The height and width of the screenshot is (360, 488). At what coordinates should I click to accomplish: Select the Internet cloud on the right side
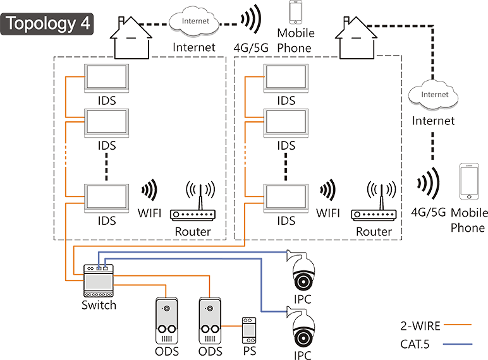434,96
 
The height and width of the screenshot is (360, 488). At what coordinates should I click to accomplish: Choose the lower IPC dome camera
303,327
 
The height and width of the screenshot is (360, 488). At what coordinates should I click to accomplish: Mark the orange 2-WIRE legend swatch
458,327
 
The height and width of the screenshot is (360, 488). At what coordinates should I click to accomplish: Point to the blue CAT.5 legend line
458,344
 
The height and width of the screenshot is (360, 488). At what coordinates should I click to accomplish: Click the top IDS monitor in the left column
106,78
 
